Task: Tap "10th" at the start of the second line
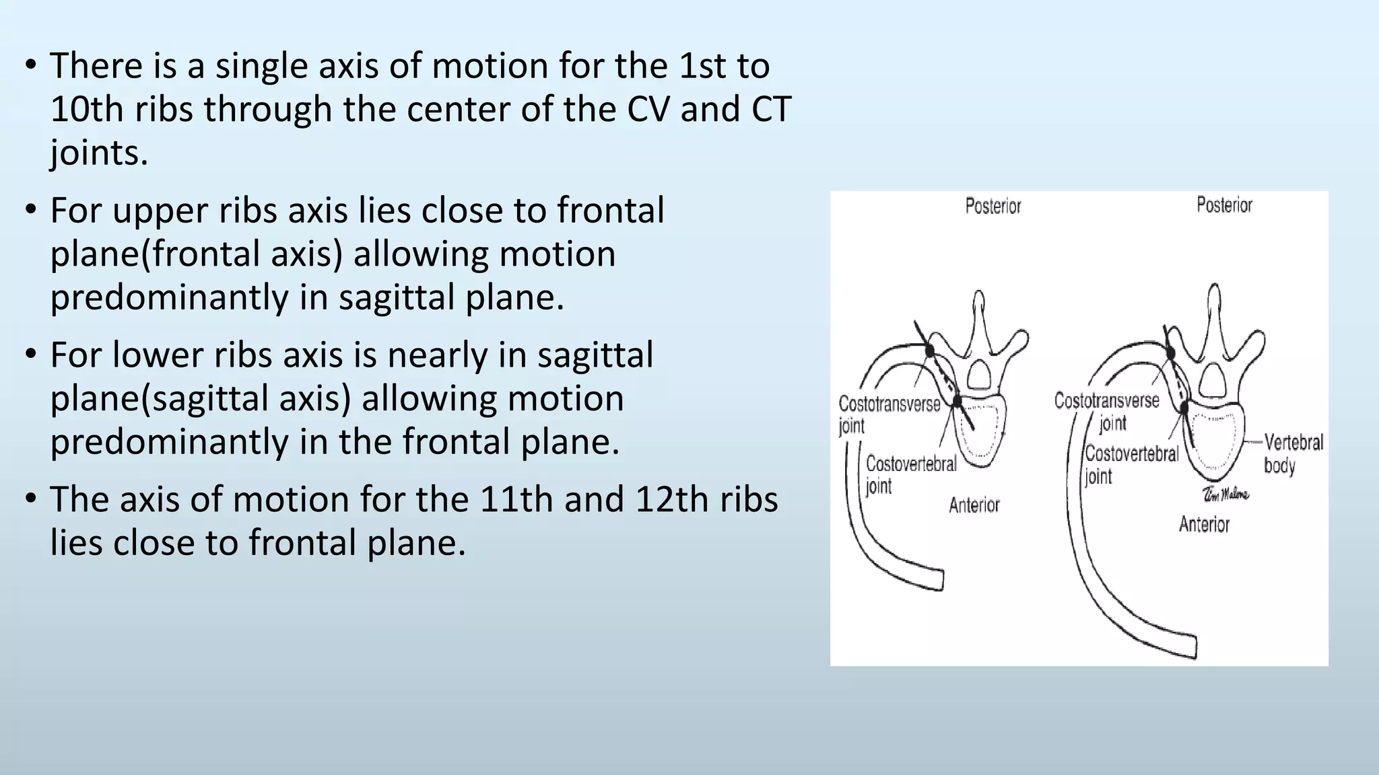[x=86, y=109]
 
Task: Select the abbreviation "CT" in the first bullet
[x=770, y=109]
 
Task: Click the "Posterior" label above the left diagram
[x=993, y=206]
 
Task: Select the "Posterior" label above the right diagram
[x=1224, y=205]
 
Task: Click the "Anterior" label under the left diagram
[x=974, y=505]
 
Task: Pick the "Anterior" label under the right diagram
[x=1204, y=524]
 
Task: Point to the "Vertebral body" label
[x=1293, y=453]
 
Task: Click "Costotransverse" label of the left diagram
[x=889, y=404]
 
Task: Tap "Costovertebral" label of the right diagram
[x=1132, y=454]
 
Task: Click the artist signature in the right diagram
[x=1225, y=494]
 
